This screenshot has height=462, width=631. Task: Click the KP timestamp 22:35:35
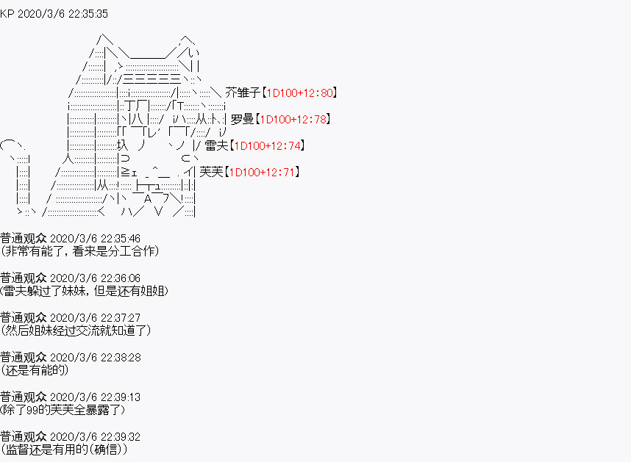coord(88,14)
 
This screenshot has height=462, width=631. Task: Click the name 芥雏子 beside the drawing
coord(243,93)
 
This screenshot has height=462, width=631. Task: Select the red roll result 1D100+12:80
coord(300,93)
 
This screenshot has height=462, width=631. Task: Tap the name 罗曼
coord(242,119)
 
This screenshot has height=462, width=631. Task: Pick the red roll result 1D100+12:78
coord(293,119)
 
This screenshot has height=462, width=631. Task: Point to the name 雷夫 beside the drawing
coord(216,145)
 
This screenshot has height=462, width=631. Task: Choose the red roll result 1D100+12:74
coord(268,145)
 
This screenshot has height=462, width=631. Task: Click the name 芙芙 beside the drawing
coord(211,172)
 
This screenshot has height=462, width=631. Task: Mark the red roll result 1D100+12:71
coord(263,173)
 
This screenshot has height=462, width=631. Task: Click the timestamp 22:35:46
coord(121,239)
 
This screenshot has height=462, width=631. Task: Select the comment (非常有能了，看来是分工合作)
coord(79,251)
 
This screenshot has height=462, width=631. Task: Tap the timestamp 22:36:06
coord(121,278)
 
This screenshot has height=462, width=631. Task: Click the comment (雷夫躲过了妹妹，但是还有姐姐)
coord(84,291)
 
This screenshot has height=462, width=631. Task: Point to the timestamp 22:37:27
coord(121,318)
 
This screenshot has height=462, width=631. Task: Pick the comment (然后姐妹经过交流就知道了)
coord(76,331)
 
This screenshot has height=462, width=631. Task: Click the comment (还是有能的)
coord(35,370)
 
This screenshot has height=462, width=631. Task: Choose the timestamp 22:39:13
coord(121,397)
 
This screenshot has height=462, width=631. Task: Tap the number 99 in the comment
coord(32,410)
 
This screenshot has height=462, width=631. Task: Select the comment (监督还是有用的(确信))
coord(64,450)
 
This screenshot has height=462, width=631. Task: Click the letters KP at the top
coord(7,14)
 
